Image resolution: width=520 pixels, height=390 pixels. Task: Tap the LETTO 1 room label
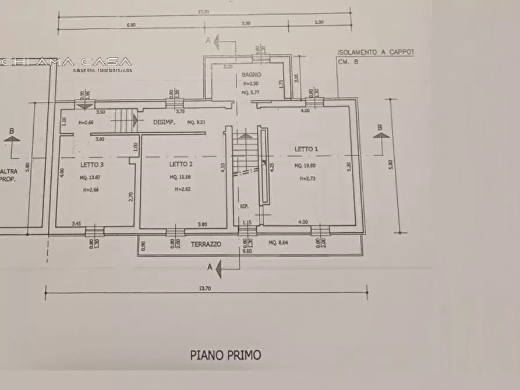306,149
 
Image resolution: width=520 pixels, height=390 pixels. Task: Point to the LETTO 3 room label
92,164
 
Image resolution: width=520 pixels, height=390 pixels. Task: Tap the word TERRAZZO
206,244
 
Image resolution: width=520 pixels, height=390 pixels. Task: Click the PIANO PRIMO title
226,354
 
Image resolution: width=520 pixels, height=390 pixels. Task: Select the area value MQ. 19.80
306,166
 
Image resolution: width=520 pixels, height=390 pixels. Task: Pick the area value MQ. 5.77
252,93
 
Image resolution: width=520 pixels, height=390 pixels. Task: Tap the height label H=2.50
252,84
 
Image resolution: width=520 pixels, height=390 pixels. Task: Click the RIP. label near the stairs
245,206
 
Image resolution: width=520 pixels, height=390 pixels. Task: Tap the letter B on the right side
379,127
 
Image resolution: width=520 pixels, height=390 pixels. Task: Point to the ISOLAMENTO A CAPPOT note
376,52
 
